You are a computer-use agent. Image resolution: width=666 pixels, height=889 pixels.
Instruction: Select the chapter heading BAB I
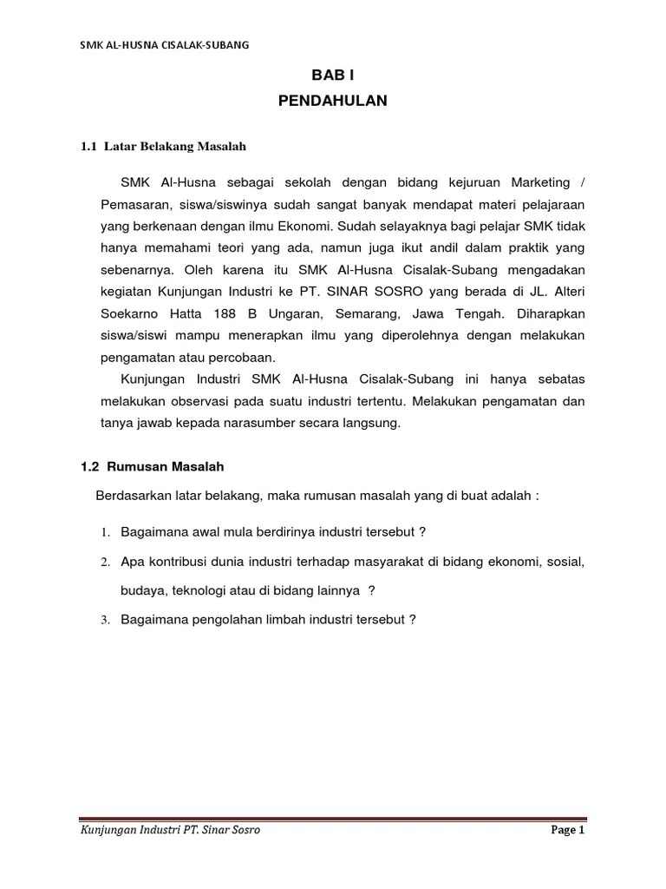333,77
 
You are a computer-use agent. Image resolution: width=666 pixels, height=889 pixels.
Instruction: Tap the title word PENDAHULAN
333,101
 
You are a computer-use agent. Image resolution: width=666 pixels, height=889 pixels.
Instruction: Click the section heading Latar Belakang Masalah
175,147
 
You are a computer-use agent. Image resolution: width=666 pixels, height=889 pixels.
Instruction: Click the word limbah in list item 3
262,620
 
